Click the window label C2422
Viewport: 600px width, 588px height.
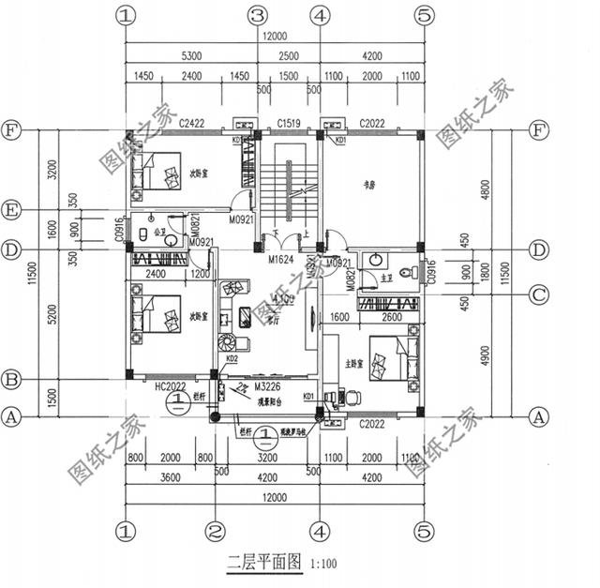tap(191, 123)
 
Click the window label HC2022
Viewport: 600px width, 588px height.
tap(171, 384)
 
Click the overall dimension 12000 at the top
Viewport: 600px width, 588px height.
tap(274, 35)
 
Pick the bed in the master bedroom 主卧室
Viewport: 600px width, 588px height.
tap(387, 360)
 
